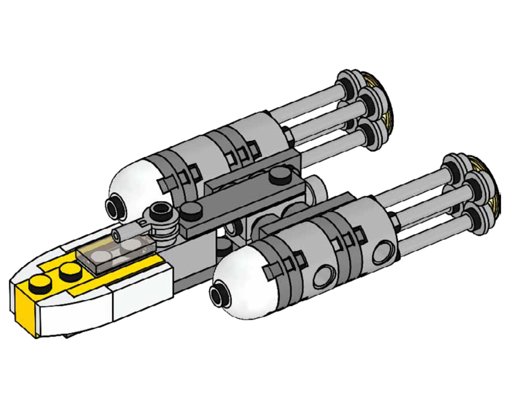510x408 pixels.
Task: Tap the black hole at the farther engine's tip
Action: click(x=113, y=207)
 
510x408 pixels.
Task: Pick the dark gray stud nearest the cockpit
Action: click(x=191, y=209)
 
